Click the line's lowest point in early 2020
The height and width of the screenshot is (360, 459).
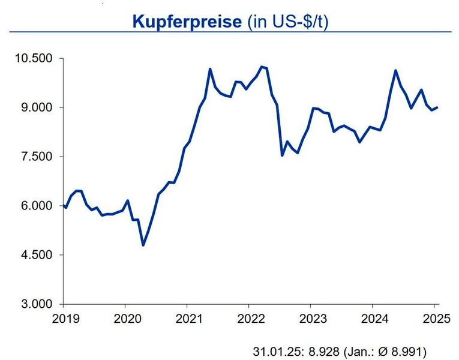[x=143, y=245]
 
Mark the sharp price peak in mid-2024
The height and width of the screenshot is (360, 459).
[x=395, y=70]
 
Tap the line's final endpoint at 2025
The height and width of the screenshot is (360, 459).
[x=437, y=107]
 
